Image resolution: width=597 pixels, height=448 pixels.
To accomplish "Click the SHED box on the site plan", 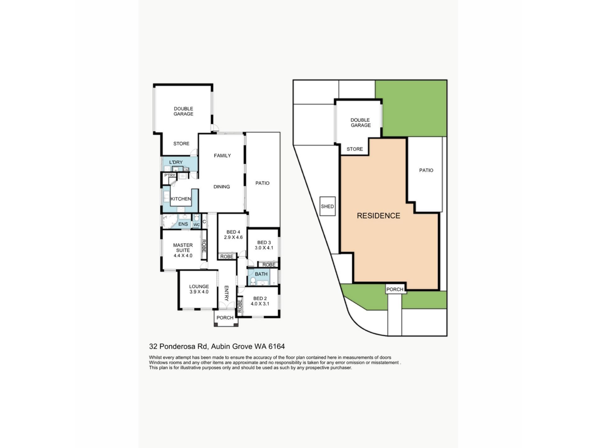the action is [327, 206].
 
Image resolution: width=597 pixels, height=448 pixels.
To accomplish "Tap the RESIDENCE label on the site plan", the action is [378, 216].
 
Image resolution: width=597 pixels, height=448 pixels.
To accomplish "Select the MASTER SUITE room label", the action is [183, 248].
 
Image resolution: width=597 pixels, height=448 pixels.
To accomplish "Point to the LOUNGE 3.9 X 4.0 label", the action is [199, 289].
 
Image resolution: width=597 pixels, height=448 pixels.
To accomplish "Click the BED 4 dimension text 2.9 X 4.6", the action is [233, 237].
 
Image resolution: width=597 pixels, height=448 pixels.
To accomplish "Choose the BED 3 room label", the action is [264, 242].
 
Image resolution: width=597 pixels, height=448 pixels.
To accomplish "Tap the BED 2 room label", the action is [260, 298].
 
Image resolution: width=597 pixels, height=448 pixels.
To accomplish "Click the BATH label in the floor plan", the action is [261, 274].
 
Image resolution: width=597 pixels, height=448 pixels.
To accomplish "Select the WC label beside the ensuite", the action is [197, 225].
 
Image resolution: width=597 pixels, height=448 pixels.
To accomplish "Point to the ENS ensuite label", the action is [183, 224].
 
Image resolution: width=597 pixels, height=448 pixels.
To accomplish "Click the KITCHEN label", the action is [181, 199].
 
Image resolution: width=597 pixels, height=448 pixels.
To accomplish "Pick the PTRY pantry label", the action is [170, 175].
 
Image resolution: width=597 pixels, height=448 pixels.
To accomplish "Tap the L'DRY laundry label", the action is [176, 162].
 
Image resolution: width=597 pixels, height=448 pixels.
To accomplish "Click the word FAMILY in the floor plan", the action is [222, 156].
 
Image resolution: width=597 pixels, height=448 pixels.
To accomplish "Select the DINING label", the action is [222, 187].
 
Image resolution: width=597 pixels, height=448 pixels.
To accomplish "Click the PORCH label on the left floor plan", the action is [225, 318].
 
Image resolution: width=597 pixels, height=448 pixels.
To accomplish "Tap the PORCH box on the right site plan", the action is [395, 289].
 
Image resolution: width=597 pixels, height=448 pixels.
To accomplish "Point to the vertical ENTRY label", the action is [226, 293].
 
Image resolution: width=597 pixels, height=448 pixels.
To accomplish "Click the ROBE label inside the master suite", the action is [204, 246].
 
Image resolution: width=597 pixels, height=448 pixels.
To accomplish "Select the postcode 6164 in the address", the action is [277, 346].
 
